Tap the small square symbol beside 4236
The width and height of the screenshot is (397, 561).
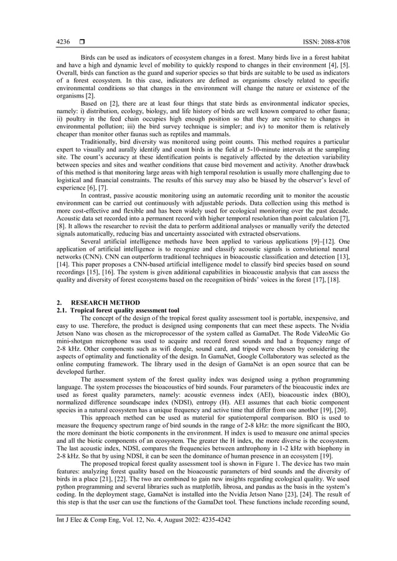[82, 42]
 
